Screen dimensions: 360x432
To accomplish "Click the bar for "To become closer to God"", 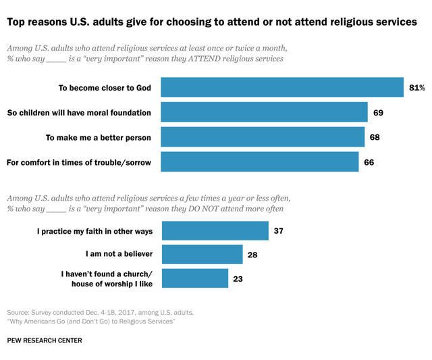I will [x=282, y=88].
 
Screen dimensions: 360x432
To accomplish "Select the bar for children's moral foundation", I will [x=264, y=113].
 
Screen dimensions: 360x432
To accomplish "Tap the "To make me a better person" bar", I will [x=263, y=138].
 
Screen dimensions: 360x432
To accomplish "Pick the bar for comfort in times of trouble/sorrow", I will [x=259, y=162].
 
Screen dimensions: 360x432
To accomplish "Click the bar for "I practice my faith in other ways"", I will [x=215, y=231].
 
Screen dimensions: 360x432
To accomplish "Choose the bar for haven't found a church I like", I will [x=195, y=279].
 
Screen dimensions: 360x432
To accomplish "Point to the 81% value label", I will [x=416, y=88].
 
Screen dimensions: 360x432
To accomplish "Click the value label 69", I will [x=378, y=113].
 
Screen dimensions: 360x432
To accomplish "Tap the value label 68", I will [x=376, y=138].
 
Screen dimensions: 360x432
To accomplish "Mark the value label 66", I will [x=369, y=162].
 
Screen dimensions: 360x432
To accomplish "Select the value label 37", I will [x=279, y=231].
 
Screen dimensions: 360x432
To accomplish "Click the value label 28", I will [x=254, y=255].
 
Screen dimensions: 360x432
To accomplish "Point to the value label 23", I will [x=238, y=279].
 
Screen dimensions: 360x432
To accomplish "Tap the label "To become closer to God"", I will [x=105, y=88].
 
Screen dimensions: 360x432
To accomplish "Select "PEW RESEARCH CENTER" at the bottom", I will [x=45, y=340].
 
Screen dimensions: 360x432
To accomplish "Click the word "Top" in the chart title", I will [x=18, y=22].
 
